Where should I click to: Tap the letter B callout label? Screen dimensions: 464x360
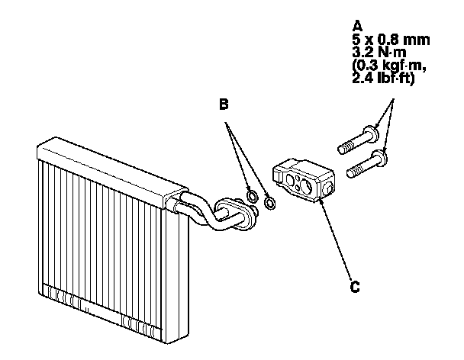click(x=224, y=105)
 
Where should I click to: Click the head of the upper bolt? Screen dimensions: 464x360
click(x=372, y=135)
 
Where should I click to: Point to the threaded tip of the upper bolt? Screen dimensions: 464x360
click(x=342, y=144)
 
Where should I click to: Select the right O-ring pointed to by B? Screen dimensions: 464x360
click(x=269, y=203)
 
